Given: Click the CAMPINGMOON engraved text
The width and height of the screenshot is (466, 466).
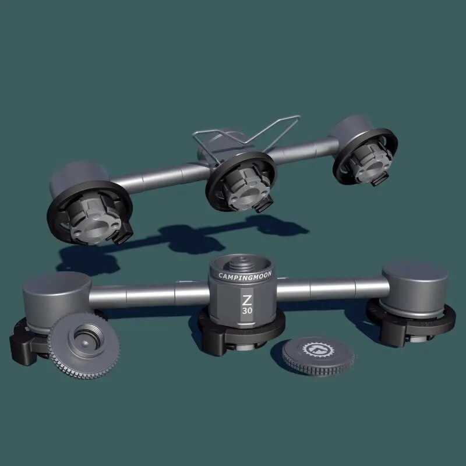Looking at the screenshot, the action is pos(245,276).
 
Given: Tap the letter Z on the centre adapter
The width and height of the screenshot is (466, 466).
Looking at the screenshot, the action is pos(246,300).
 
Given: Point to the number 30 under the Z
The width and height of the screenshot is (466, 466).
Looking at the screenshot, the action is pos(247,310).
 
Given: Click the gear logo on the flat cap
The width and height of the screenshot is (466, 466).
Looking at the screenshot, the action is pos(318,349).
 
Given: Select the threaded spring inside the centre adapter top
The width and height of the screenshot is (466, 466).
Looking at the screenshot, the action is pos(241,263).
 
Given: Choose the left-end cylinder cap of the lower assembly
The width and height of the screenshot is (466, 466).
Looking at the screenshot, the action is pos(57,297).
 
